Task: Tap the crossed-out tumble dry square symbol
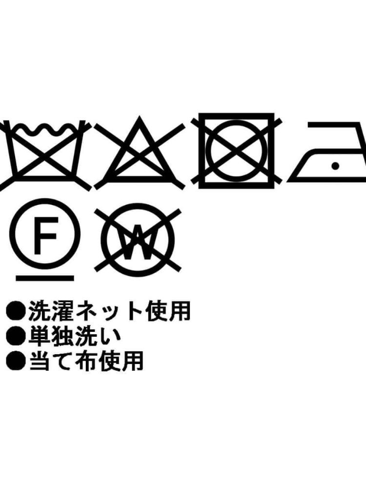237,151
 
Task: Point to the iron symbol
327,152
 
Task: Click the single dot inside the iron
335,166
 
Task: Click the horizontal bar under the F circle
45,278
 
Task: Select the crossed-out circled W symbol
138,239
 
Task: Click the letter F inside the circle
45,235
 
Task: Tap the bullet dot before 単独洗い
15,336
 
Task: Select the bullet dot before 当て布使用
15,361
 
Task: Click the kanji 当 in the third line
39,361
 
